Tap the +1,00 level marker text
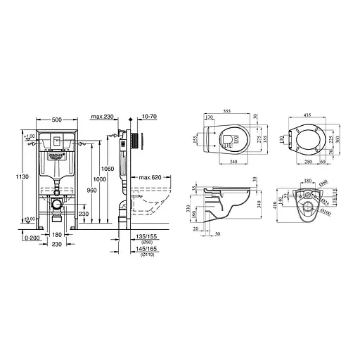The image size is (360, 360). [x=29, y=135]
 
